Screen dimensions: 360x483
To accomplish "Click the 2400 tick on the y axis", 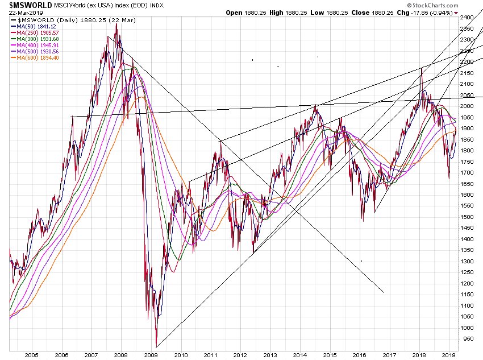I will point(467,18).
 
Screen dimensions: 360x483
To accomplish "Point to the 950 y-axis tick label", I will point(466,339).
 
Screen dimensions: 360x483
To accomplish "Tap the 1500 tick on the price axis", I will point(467,217).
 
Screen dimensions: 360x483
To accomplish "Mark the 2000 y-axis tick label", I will point(467,106).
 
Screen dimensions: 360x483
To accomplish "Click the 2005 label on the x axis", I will point(31,355).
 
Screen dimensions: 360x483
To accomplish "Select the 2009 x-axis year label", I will point(151,355).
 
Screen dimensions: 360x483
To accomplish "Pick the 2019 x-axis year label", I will point(449,355).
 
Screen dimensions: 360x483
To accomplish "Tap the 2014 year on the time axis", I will point(299,355).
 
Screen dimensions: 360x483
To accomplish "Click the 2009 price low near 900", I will point(156,346).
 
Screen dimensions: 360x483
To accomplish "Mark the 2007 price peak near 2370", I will point(116,24).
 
